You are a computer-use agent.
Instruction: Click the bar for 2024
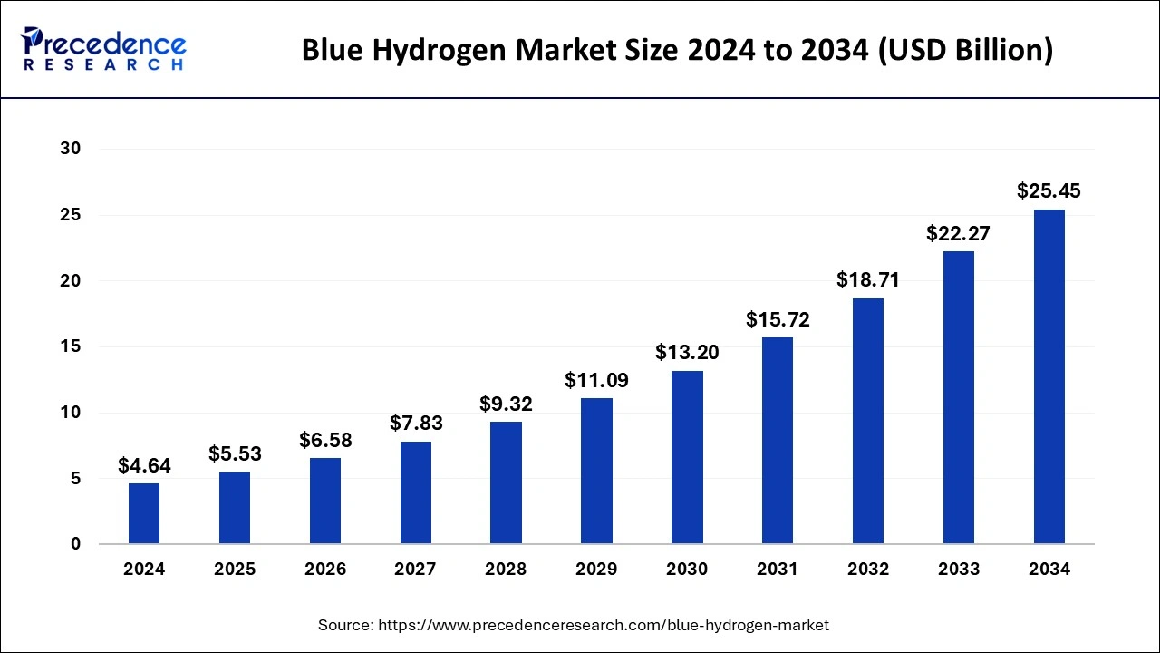(x=144, y=513)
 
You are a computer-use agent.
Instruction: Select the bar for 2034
(x=1049, y=376)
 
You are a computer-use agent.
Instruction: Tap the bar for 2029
(x=596, y=471)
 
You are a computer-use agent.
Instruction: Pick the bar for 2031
(x=778, y=441)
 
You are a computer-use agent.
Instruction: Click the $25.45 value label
(x=1049, y=191)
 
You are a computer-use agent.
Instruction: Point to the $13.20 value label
(x=687, y=353)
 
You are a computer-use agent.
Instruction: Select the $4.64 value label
(x=144, y=466)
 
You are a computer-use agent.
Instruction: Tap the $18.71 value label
(x=868, y=280)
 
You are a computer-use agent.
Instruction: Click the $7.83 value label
(x=416, y=424)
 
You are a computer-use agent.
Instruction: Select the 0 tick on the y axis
(x=74, y=544)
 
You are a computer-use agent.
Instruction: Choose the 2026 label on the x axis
(x=325, y=570)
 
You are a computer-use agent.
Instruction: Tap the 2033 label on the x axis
(x=959, y=570)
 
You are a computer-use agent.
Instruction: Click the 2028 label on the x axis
(x=506, y=570)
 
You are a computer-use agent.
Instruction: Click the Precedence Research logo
(x=103, y=49)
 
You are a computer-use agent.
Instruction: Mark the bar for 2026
(x=325, y=501)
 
